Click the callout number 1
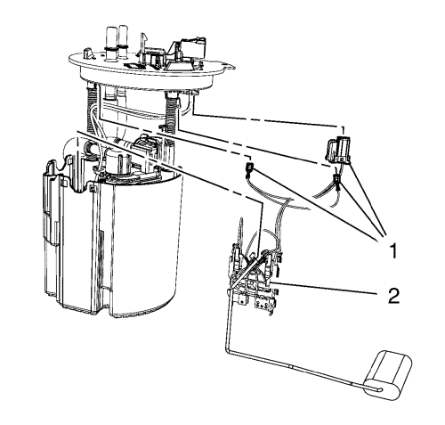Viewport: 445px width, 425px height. pyautogui.click(x=393, y=250)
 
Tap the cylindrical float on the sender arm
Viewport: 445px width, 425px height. pyautogui.click(x=388, y=375)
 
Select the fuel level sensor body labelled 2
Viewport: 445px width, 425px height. pyautogui.click(x=255, y=282)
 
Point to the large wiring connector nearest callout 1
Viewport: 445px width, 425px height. pyautogui.click(x=338, y=150)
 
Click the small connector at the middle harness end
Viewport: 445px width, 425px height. pyautogui.click(x=250, y=168)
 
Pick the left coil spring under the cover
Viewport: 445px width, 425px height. pyautogui.click(x=93, y=109)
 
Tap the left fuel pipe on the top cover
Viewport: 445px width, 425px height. pyautogui.click(x=111, y=44)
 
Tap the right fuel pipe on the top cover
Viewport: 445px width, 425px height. pyautogui.click(x=124, y=42)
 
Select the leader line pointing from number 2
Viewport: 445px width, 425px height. pyautogui.click(x=324, y=288)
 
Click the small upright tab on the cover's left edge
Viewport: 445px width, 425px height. pyautogui.click(x=88, y=53)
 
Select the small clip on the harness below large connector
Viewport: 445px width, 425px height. pyautogui.click(x=337, y=180)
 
